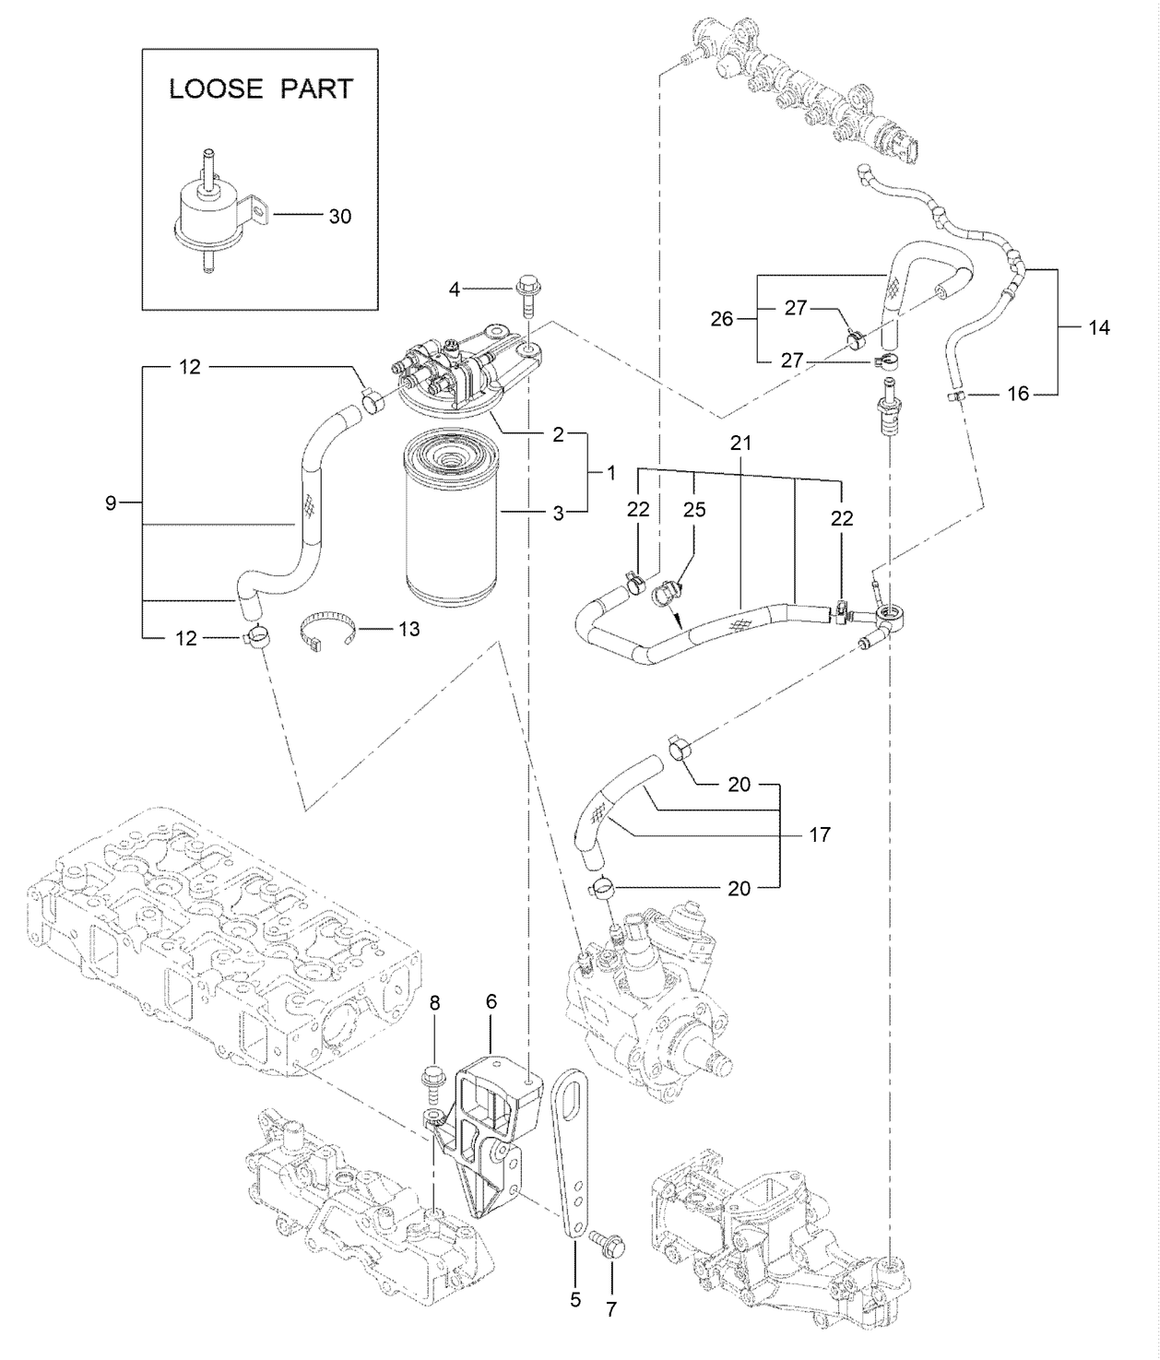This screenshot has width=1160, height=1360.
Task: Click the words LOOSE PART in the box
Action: (x=261, y=89)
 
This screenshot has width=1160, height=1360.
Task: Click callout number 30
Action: (x=340, y=217)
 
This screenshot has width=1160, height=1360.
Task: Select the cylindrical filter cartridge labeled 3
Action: (x=450, y=521)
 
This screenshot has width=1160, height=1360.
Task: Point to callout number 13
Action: (x=408, y=629)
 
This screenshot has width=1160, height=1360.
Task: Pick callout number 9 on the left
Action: (x=111, y=503)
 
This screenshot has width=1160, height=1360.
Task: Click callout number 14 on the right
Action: (x=1098, y=327)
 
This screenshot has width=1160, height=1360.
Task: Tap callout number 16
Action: (x=1017, y=394)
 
